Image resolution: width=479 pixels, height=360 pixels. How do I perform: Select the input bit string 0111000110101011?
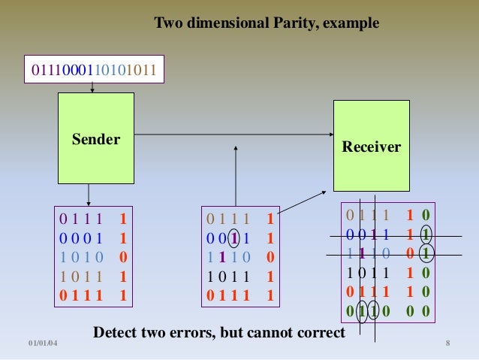(x=93, y=71)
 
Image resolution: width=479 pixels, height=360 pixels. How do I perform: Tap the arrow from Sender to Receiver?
(x=233, y=135)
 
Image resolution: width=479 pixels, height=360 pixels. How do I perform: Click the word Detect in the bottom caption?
(x=114, y=331)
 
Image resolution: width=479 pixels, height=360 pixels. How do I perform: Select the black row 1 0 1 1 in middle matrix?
(x=229, y=276)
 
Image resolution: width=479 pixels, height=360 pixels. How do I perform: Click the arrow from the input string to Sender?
(x=92, y=87)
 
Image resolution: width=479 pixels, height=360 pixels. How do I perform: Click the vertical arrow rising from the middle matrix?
(x=236, y=177)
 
